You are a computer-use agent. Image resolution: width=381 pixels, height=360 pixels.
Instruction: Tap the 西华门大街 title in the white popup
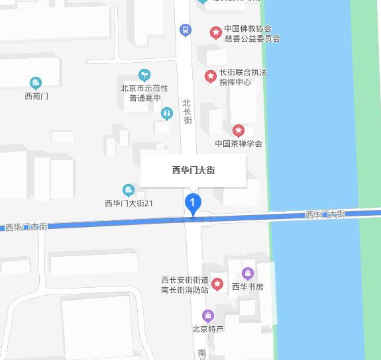pyautogui.click(x=193, y=170)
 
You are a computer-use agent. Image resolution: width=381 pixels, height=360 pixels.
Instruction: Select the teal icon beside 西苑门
pyautogui.click(x=36, y=83)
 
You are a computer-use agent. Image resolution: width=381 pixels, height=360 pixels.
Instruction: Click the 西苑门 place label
pyautogui.click(x=36, y=96)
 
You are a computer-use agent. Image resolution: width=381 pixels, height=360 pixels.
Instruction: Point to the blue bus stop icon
pyautogui.click(x=186, y=30)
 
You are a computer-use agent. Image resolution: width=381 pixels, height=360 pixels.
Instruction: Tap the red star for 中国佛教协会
pyautogui.click(x=215, y=32)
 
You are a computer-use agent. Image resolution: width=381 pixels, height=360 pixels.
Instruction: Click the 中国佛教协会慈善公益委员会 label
pyautogui.click(x=252, y=34)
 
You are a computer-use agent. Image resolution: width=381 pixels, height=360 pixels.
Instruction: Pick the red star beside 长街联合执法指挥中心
pyautogui.click(x=211, y=77)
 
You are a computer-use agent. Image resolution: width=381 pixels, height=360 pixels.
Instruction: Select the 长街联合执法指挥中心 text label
pyautogui.click(x=243, y=77)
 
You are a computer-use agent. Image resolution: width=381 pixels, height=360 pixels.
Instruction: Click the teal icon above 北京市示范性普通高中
pyautogui.click(x=144, y=75)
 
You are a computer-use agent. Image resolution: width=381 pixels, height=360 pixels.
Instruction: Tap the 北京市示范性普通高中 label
pyautogui.click(x=144, y=93)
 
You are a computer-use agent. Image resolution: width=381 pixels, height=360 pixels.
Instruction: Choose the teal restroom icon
pyautogui.click(x=166, y=113)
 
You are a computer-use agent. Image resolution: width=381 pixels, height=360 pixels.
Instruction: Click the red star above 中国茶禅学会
pyautogui.click(x=239, y=130)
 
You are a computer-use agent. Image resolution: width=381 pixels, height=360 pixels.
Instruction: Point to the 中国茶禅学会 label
pyautogui.click(x=239, y=144)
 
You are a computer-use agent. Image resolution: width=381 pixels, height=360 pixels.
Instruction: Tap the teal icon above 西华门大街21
pyautogui.click(x=129, y=191)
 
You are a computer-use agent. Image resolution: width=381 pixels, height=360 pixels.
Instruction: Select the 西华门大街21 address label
pyautogui.click(x=129, y=203)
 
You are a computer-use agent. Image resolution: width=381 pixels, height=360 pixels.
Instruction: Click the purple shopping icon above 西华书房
pyautogui.click(x=248, y=273)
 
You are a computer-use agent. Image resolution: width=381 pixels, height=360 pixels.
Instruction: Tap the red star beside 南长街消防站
pyautogui.click(x=218, y=285)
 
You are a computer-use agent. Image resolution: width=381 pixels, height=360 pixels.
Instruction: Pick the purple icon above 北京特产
pyautogui.click(x=208, y=316)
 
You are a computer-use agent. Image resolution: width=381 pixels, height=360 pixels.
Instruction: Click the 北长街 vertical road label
pyautogui.click(x=187, y=111)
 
